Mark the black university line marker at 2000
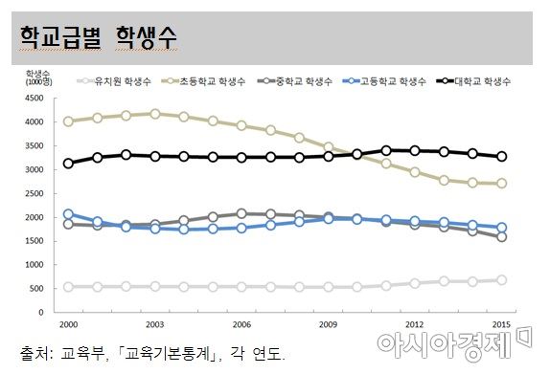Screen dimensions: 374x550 point(67,164)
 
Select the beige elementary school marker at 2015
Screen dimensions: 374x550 point(503,184)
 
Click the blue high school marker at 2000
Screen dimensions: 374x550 point(67,214)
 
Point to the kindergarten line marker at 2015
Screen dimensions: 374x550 point(503,280)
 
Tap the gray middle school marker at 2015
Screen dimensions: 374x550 point(503,236)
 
